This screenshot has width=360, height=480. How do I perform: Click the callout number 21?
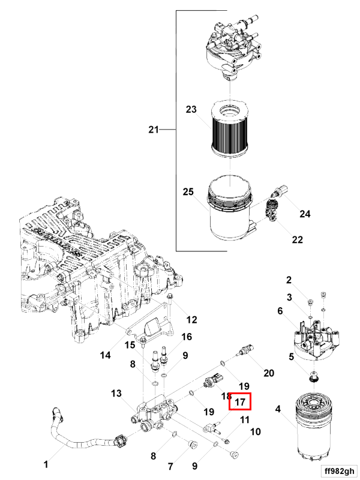154,129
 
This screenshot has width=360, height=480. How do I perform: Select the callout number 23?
191,110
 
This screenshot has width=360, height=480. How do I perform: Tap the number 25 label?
188,192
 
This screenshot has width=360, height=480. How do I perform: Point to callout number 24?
305,214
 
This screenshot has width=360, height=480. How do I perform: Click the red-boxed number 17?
241,402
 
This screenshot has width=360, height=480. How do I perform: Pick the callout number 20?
268,373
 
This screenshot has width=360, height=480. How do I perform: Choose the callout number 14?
105,355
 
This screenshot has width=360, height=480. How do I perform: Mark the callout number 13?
116,393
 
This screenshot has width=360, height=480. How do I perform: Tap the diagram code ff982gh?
337,470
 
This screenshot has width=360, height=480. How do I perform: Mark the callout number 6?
280,311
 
